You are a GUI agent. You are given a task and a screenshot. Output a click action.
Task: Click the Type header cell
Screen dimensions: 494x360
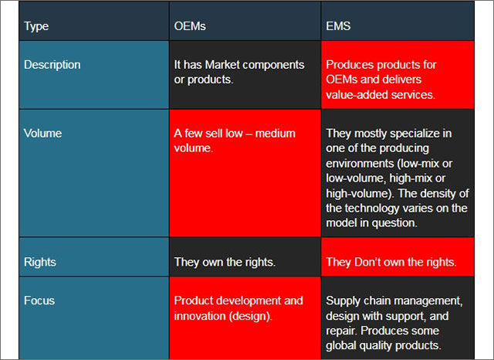click(x=94, y=21)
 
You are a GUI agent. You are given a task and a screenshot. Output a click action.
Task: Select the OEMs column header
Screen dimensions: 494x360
click(x=245, y=21)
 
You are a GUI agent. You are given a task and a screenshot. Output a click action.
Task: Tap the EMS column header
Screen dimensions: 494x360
click(x=398, y=21)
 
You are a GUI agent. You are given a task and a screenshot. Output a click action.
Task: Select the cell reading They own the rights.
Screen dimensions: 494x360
click(x=245, y=257)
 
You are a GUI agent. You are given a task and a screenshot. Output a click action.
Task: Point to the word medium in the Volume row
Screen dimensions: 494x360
click(x=276, y=134)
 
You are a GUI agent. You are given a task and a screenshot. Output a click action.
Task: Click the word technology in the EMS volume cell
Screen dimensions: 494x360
click(x=372, y=209)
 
